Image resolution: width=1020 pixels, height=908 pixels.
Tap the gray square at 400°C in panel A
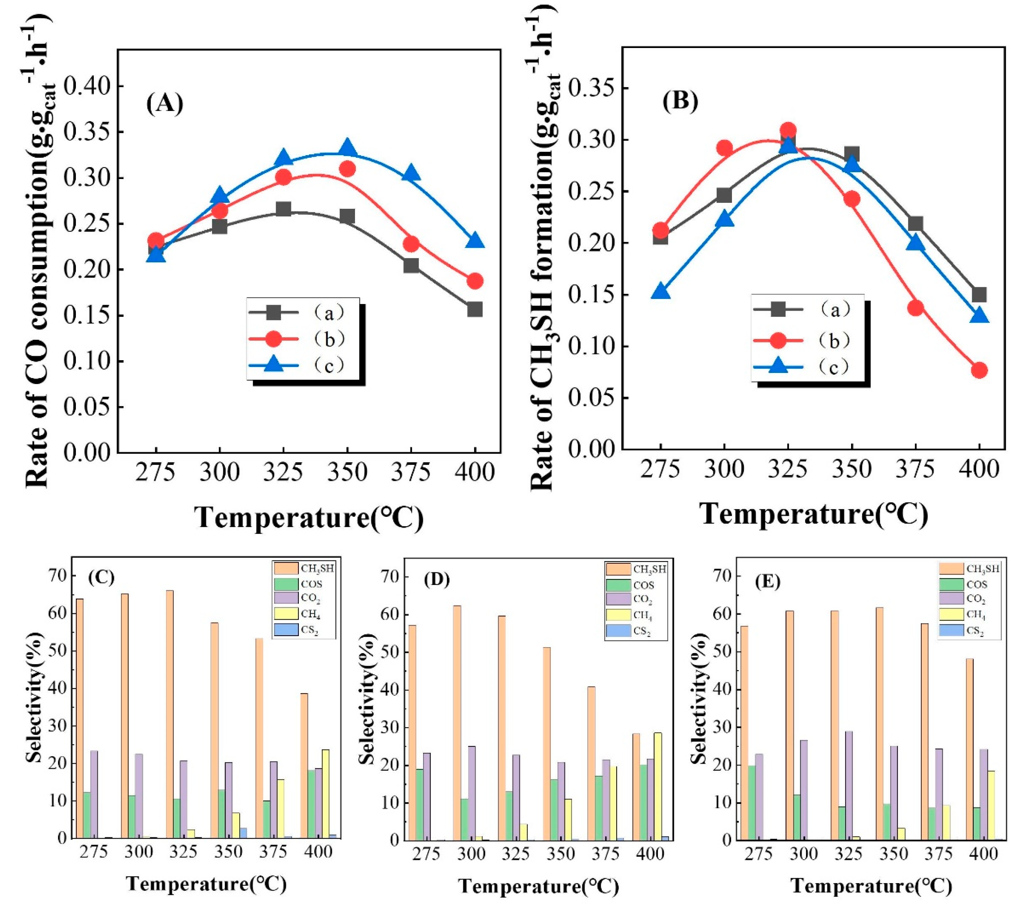[474, 309]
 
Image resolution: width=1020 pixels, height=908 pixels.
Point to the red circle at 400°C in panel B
[979, 370]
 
